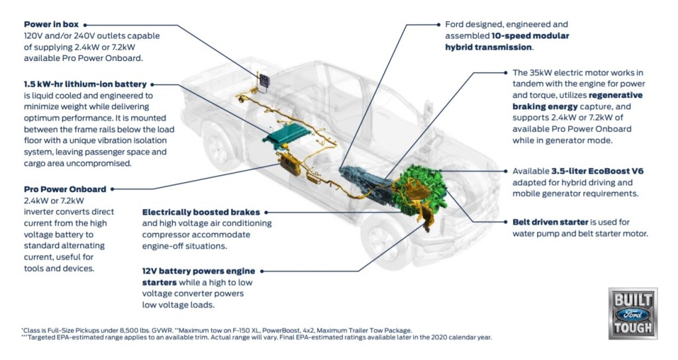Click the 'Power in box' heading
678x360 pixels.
coord(51,24)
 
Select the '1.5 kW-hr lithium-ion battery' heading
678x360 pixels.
coord(84,84)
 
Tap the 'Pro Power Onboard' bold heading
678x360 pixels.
coord(64,189)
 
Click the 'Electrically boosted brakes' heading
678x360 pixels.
coord(201,212)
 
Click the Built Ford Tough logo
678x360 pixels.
coord(633,312)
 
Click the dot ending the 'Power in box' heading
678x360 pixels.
coord(85,24)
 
